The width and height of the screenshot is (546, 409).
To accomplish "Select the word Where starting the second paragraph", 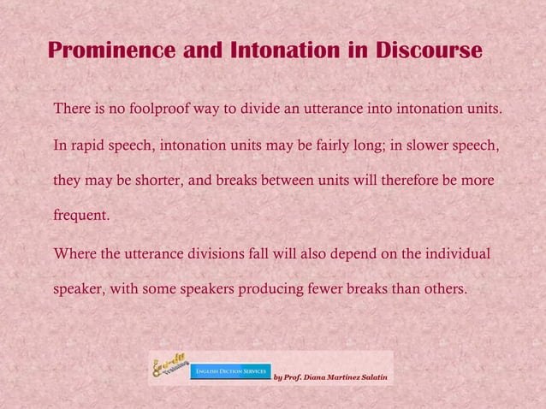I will (73, 254).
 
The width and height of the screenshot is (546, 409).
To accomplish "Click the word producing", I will (255, 289).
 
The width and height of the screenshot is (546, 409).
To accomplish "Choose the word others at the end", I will (443, 289).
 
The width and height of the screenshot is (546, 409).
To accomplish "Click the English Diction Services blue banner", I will (230, 371).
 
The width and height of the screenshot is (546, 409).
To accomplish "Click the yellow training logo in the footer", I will (169, 366).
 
